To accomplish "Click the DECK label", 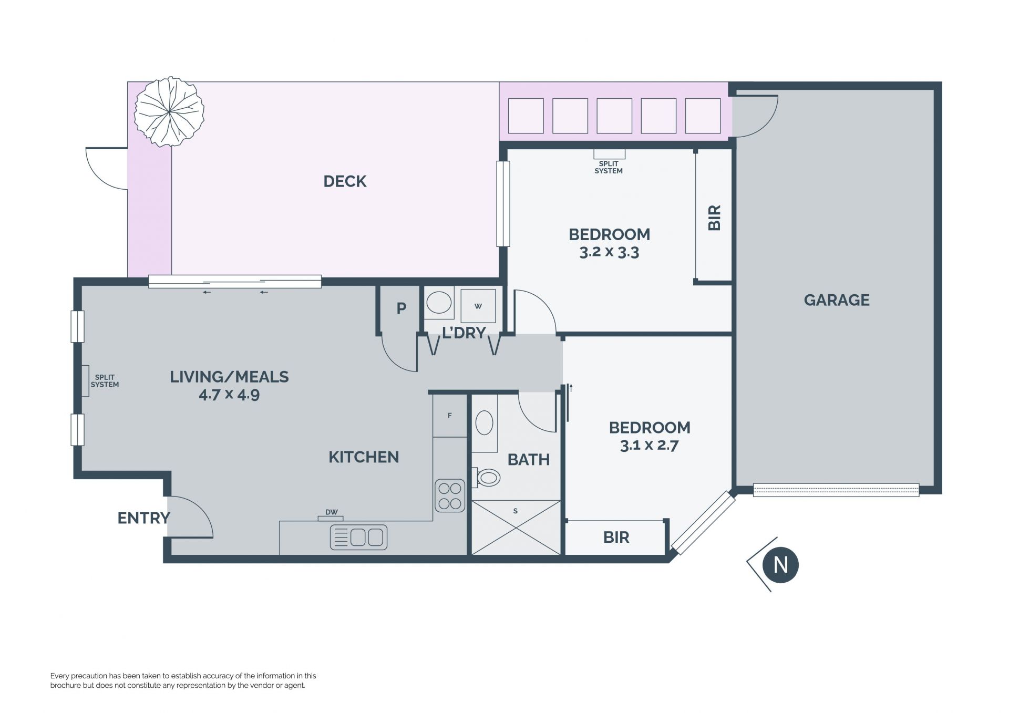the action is click(x=345, y=181).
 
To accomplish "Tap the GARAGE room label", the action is click(x=837, y=300).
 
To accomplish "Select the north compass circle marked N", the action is click(x=781, y=565).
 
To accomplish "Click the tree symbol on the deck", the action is click(x=169, y=111).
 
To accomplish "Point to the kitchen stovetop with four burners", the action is click(x=450, y=495).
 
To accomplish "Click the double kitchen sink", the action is click(x=358, y=538).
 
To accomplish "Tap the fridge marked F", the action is click(x=450, y=416).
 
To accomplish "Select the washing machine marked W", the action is click(x=478, y=306).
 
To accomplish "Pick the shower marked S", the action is click(x=516, y=527).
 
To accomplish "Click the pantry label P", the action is click(x=401, y=308).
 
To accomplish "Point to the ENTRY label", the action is click(x=143, y=518).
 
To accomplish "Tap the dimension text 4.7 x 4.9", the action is click(x=229, y=395).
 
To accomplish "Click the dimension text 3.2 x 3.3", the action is click(x=609, y=252).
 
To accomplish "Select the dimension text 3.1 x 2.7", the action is click(x=650, y=446).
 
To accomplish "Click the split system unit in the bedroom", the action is click(x=610, y=154).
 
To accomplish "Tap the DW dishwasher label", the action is click(x=331, y=512).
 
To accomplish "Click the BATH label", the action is click(x=529, y=460).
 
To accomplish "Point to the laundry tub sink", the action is click(x=439, y=303).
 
